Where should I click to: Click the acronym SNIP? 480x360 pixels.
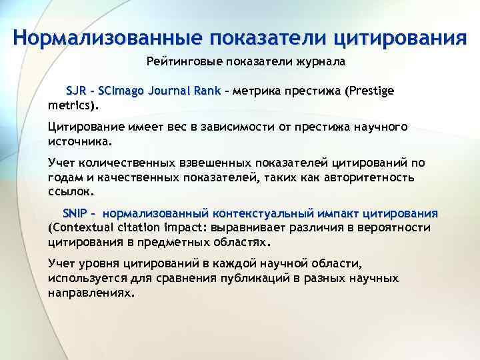[x=75, y=213]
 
